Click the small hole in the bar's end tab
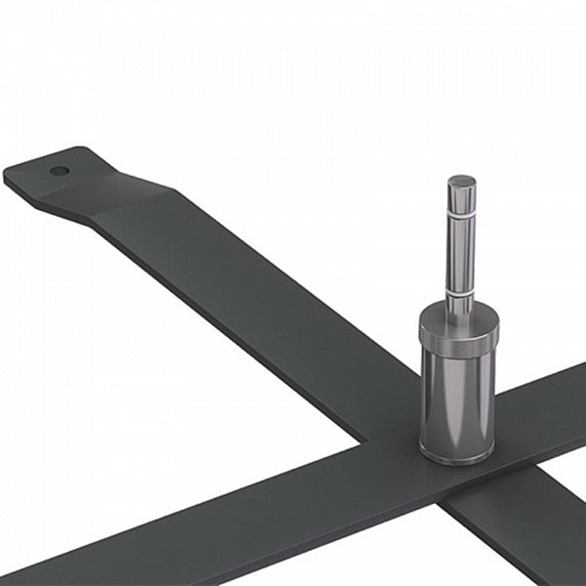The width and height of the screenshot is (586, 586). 60,170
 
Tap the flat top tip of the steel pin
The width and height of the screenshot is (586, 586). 461,180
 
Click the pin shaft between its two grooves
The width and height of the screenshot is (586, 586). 460,249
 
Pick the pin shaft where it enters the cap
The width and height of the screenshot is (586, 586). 459,302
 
